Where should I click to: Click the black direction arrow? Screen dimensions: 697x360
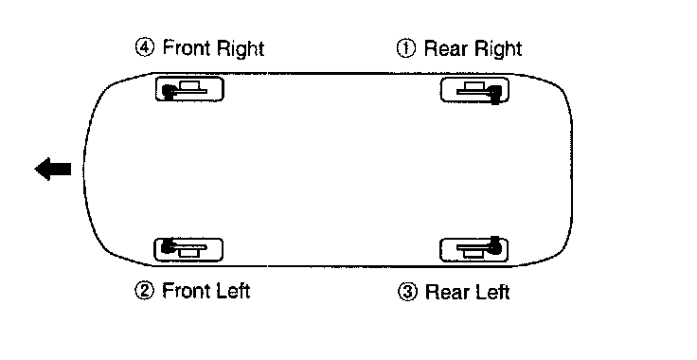[53, 170]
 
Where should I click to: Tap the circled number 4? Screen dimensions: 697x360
[145, 47]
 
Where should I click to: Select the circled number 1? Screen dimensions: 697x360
[405, 48]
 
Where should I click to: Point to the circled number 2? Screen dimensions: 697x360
[144, 291]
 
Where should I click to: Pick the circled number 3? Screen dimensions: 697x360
[407, 292]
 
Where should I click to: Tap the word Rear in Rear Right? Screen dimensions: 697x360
[446, 48]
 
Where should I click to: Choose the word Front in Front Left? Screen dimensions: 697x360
[187, 291]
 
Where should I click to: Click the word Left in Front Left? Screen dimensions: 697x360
[232, 291]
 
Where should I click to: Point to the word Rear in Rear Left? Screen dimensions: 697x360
[447, 292]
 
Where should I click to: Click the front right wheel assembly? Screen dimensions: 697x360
[189, 89]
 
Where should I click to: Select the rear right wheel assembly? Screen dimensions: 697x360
[474, 90]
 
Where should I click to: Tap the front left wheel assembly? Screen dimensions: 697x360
[188, 249]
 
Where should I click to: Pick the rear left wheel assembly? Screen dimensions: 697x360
[474, 249]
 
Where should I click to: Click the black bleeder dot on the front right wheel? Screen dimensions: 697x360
[168, 92]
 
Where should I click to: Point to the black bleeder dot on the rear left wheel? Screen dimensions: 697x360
[494, 246]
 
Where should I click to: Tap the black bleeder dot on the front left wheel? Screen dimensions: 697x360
[168, 245]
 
